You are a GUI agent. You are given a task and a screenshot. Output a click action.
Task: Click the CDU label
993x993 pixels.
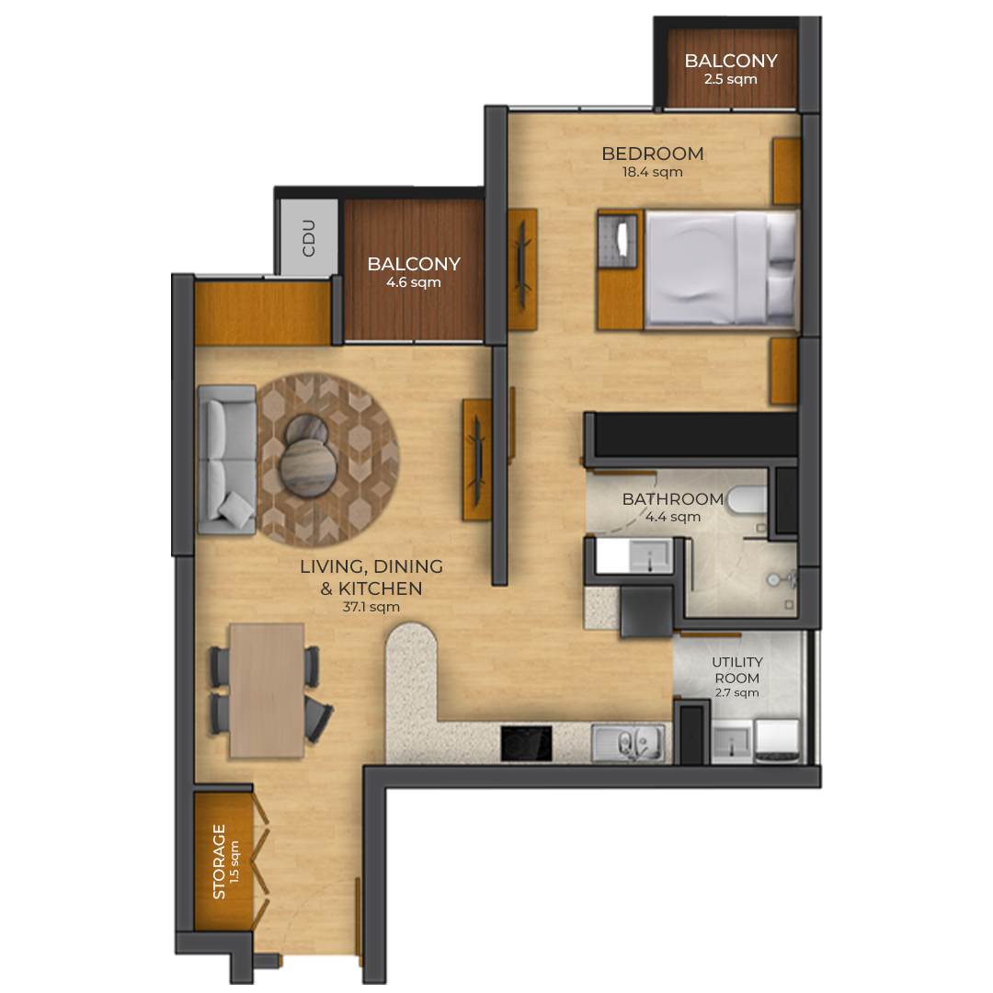(309, 238)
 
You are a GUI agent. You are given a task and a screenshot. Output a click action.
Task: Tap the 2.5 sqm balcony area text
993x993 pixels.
(731, 79)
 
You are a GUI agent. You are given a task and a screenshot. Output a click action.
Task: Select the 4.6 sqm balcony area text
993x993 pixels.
(414, 282)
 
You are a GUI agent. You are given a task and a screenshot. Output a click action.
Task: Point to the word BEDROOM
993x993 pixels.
(652, 154)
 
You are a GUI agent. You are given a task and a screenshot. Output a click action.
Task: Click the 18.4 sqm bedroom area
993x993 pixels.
(652, 172)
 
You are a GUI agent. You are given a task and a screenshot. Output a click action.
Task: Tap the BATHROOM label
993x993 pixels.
(672, 499)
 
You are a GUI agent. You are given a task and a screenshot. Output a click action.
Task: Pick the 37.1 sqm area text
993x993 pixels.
(371, 607)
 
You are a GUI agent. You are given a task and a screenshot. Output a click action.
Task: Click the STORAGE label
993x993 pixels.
(219, 862)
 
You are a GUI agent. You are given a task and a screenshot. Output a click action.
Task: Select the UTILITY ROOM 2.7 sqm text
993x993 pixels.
(737, 677)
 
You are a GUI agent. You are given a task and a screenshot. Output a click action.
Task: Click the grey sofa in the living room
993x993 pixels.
(227, 460)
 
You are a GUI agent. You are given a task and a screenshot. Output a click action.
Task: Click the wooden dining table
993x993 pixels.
(267, 691)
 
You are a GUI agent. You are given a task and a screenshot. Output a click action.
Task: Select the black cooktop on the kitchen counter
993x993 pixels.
(526, 743)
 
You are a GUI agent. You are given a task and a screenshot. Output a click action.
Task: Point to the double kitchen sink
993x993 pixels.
(628, 742)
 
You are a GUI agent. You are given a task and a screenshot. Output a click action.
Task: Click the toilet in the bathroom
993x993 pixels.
(747, 499)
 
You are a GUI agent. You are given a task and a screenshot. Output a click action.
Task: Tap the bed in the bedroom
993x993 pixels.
(721, 270)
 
